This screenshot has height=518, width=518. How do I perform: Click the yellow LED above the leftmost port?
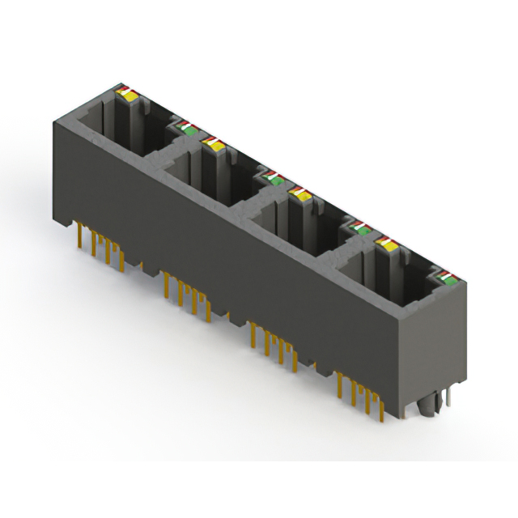128,93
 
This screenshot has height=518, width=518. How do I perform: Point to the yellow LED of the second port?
214,144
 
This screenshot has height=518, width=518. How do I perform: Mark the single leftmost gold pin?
78,238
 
